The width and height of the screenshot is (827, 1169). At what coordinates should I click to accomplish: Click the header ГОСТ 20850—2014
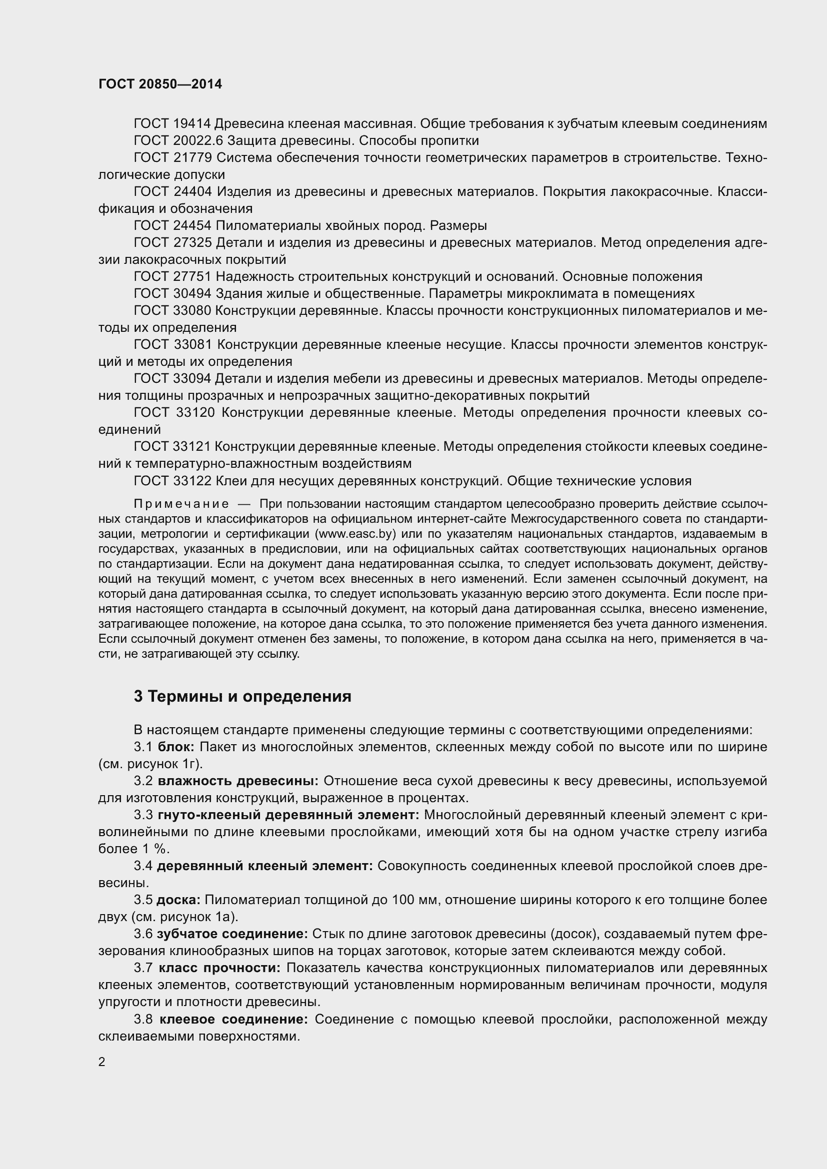160,84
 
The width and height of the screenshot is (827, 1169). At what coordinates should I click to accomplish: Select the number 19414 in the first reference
192,124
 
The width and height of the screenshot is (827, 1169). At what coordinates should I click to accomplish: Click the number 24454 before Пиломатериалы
192,225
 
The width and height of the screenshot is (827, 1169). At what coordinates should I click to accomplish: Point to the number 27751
192,276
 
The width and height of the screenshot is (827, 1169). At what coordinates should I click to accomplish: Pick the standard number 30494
192,294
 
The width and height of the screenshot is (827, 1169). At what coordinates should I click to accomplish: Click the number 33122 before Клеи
192,481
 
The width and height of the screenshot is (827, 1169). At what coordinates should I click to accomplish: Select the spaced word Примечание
181,504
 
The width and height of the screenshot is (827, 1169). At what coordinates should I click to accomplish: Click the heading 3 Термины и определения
242,697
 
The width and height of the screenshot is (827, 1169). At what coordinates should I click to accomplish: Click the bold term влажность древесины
238,781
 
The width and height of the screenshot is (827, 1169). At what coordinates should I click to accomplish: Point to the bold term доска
178,900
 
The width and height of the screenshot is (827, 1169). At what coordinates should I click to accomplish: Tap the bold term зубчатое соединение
232,934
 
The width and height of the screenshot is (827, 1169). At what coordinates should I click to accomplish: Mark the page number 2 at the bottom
102,1062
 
